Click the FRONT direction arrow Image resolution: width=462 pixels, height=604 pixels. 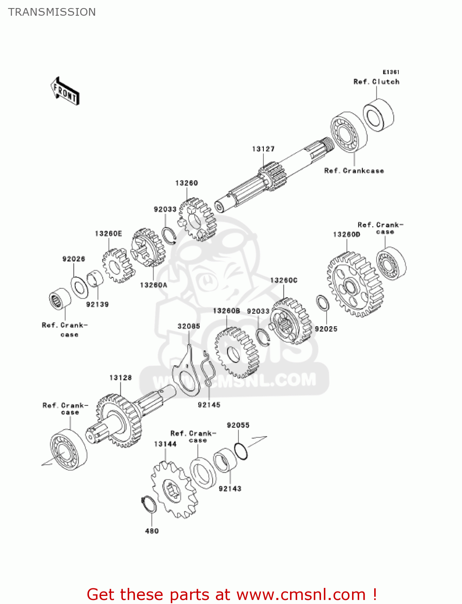click(65, 91)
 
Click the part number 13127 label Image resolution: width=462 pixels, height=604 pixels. click(263, 149)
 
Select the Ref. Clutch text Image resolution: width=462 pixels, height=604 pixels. click(376, 82)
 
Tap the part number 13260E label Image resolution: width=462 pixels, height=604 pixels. click(108, 234)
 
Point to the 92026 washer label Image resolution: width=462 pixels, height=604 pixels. click(74, 259)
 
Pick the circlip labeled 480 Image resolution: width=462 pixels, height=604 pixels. click(149, 505)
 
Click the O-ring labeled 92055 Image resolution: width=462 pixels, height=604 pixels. click(241, 451)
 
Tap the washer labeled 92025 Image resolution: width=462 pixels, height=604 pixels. click(323, 303)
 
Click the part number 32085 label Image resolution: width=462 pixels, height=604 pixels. click(189, 326)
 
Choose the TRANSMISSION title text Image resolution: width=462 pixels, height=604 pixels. click(52, 12)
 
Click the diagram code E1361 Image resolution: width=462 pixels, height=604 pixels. click(391, 72)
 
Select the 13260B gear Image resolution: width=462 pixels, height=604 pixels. click(236, 353)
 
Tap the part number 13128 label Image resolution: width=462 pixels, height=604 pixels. click(120, 378)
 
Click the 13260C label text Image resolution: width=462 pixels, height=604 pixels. click(284, 280)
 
